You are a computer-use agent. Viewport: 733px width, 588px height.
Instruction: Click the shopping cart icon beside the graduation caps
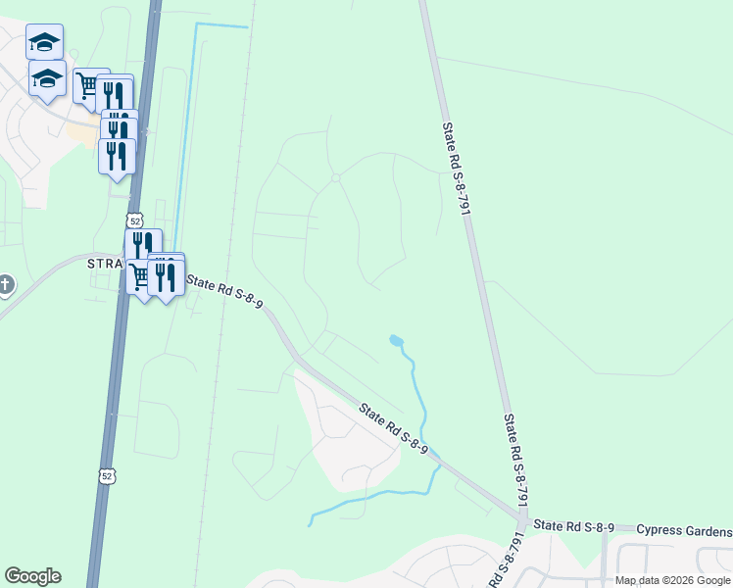tap(86, 86)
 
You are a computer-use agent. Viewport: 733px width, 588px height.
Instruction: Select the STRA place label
tap(106, 265)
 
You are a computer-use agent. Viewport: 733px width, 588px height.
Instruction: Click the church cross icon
tap(5, 285)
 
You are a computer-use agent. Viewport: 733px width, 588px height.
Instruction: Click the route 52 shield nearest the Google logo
tap(105, 475)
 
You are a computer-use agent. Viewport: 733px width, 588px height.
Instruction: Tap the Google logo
tap(32, 576)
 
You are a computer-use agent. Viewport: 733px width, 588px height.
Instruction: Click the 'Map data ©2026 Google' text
tap(672, 580)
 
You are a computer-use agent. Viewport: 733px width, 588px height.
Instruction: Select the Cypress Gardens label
tap(684, 530)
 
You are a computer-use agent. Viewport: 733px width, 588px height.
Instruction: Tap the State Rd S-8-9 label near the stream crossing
tap(393, 428)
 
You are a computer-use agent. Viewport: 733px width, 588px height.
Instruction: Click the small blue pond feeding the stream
tap(395, 341)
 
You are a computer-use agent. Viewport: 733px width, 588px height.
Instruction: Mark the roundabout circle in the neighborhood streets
tap(335, 177)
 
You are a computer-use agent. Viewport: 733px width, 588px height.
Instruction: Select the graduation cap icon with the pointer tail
tap(46, 78)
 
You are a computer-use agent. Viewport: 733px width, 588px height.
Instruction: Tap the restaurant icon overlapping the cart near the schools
tap(116, 94)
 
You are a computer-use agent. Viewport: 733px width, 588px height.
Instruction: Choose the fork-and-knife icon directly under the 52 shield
tap(143, 245)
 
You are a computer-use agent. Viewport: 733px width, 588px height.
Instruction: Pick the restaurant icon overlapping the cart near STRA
tap(166, 277)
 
